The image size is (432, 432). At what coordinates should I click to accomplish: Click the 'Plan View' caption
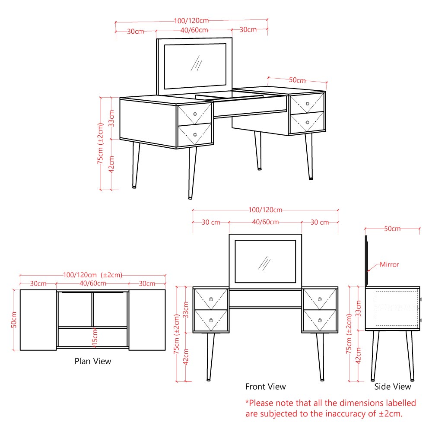(92, 361)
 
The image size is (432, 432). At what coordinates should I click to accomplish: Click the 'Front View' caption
(266, 387)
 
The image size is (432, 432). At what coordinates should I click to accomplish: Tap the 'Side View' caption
(393, 387)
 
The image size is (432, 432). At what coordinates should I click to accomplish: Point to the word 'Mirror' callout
(389, 264)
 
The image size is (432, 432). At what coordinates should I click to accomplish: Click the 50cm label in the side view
(392, 229)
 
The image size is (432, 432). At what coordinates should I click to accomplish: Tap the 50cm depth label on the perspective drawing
(297, 80)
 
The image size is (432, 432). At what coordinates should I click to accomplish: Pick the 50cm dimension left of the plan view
(14, 320)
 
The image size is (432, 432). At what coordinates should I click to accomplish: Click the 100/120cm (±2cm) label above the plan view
(92, 275)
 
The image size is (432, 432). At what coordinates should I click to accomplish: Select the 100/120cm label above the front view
(265, 210)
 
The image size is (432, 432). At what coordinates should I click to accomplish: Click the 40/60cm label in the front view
(265, 222)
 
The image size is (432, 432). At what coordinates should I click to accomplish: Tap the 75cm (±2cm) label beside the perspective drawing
(100, 143)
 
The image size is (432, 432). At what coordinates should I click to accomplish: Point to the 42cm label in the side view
(358, 356)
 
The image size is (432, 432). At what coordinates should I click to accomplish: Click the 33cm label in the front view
(186, 309)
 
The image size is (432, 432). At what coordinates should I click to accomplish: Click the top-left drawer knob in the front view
(211, 299)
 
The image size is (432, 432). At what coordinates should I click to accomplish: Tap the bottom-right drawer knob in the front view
(320, 321)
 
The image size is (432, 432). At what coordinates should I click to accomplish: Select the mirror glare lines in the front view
(264, 264)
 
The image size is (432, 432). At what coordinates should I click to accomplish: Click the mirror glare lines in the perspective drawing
(197, 64)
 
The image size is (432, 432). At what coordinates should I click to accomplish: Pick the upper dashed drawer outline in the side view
(397, 299)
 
